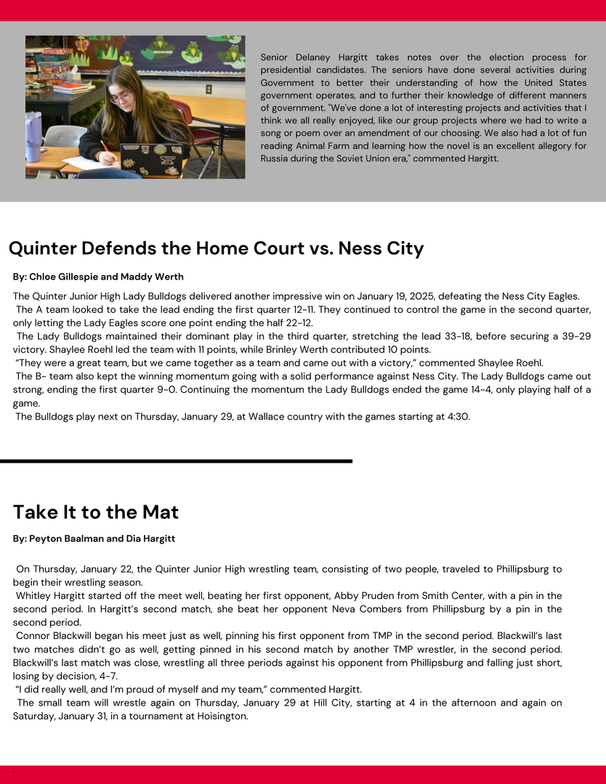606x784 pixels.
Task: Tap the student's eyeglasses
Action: (x=122, y=97)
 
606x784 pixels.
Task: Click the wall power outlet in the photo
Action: (x=209, y=89)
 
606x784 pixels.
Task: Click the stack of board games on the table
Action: (x=54, y=65)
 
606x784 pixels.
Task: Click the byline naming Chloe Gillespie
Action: (x=98, y=277)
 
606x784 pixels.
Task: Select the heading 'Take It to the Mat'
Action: (x=96, y=512)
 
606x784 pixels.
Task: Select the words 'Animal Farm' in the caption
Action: (x=323, y=146)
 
